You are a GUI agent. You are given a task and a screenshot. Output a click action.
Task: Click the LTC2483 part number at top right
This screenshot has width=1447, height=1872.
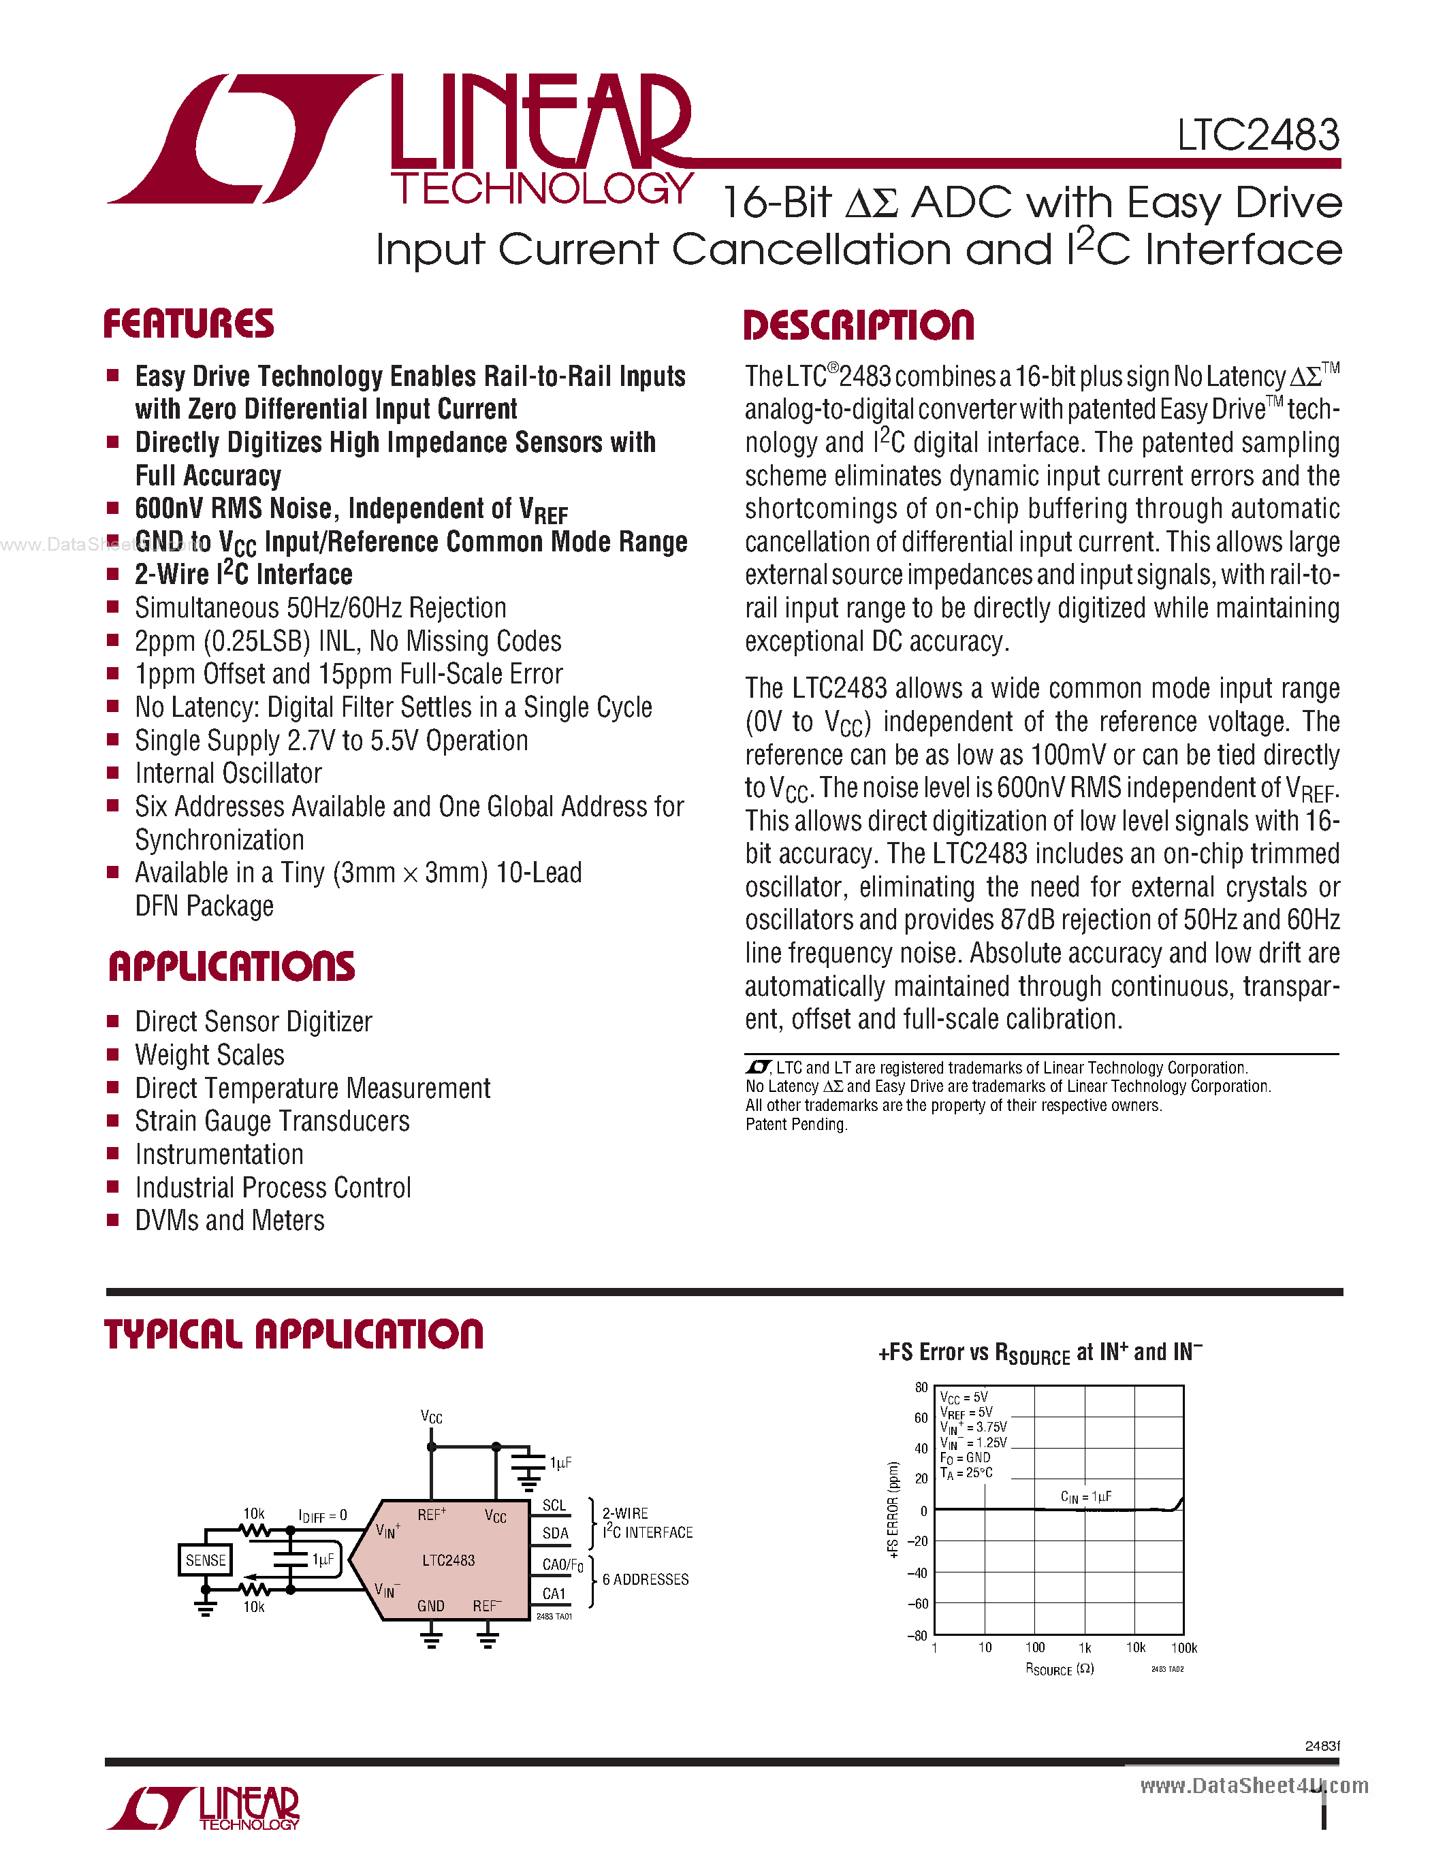pyautogui.click(x=1258, y=135)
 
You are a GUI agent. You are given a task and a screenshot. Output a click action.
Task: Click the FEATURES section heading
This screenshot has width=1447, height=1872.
pyautogui.click(x=189, y=324)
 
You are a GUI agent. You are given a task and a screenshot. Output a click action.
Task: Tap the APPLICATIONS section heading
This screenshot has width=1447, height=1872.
pyautogui.click(x=232, y=967)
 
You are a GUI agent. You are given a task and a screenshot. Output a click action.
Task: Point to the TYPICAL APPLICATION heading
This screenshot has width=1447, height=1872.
pyautogui.click(x=294, y=1335)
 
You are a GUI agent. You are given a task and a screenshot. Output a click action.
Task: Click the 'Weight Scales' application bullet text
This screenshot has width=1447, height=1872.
pyautogui.click(x=209, y=1055)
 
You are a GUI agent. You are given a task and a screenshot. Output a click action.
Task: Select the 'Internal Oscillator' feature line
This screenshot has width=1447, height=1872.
pyautogui.click(x=228, y=773)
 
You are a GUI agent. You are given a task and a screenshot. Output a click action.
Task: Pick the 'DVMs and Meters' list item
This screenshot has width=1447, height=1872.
pyautogui.click(x=229, y=1221)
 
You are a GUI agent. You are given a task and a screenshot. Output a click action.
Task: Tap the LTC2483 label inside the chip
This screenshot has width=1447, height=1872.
pyautogui.click(x=448, y=1560)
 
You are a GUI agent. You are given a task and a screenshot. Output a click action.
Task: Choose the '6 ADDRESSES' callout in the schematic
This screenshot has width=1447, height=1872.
pyautogui.click(x=646, y=1579)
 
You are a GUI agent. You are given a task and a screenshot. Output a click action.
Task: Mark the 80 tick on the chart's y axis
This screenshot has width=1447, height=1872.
pyautogui.click(x=921, y=1387)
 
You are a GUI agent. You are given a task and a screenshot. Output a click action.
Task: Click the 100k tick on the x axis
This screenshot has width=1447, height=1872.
pyautogui.click(x=1184, y=1647)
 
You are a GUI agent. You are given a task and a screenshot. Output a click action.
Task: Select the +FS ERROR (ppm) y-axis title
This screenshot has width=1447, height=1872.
pyautogui.click(x=893, y=1508)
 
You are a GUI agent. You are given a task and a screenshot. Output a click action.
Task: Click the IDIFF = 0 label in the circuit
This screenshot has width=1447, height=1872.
pyautogui.click(x=322, y=1515)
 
